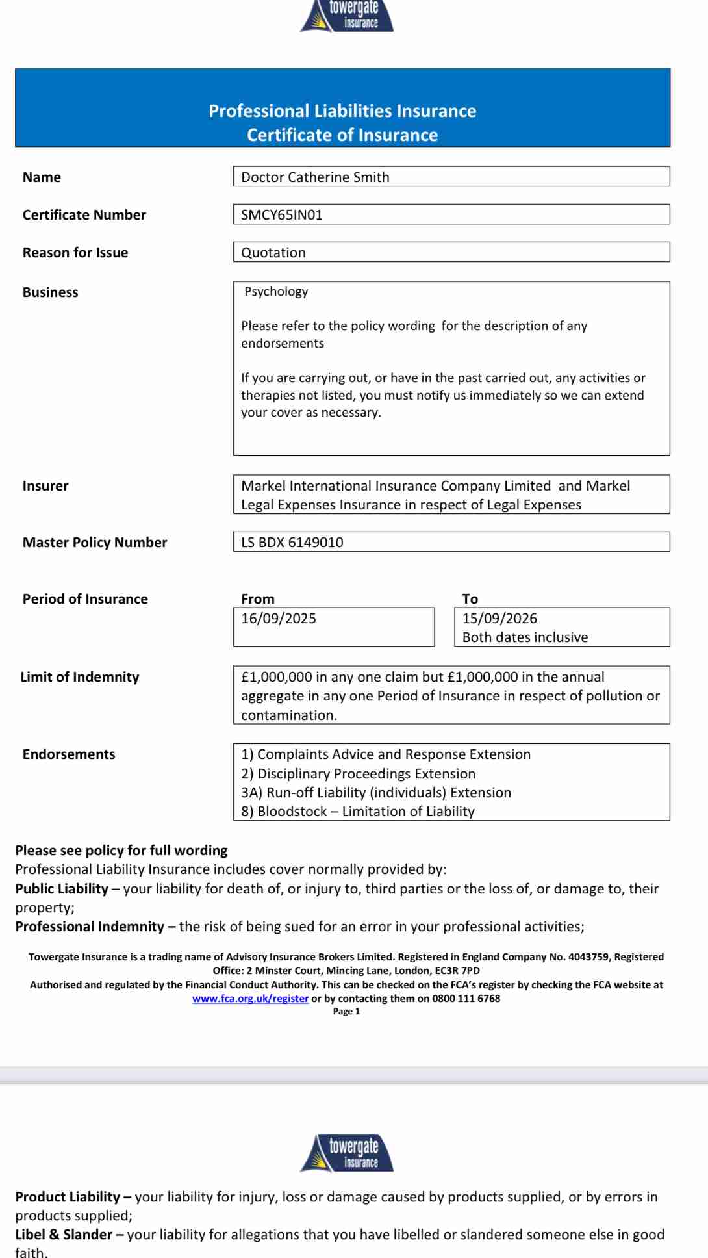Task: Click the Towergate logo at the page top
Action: (x=347, y=16)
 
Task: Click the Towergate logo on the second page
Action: (x=347, y=1153)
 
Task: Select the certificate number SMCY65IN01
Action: (x=282, y=215)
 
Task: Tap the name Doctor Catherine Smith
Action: (x=315, y=177)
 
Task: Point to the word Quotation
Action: (x=273, y=253)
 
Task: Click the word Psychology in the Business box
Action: (x=276, y=292)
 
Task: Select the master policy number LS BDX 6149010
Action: (x=292, y=543)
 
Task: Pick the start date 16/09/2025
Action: (x=279, y=619)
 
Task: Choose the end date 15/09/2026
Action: (x=499, y=619)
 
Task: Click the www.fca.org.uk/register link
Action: (x=250, y=999)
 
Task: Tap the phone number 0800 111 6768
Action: (x=466, y=999)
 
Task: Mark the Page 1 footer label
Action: (x=346, y=1012)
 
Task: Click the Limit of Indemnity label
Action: (x=80, y=677)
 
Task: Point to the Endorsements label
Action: (x=69, y=754)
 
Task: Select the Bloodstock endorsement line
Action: (x=358, y=812)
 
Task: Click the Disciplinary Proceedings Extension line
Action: (x=359, y=774)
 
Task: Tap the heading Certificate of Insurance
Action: (x=342, y=135)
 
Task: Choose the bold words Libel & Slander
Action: (x=64, y=1235)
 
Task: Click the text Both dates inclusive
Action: (x=525, y=637)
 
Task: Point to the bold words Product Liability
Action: (x=68, y=1197)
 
